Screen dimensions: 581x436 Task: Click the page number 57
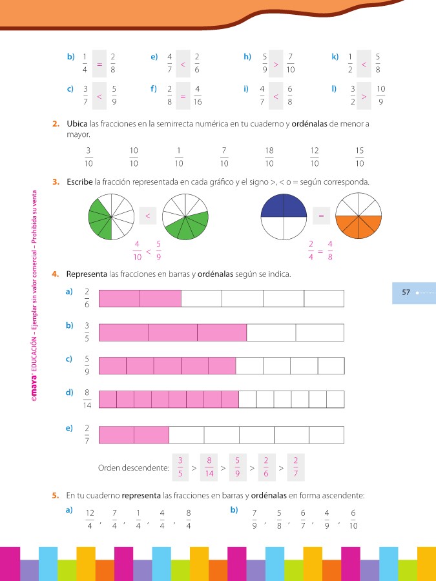pyautogui.click(x=406, y=292)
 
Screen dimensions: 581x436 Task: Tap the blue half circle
pyautogui.click(x=283, y=206)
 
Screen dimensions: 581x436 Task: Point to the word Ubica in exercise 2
pyautogui.click(x=78, y=123)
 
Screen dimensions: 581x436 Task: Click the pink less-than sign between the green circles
pyautogui.click(x=148, y=216)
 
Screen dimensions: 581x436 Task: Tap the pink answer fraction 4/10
pyautogui.click(x=137, y=249)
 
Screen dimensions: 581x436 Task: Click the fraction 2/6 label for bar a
pyautogui.click(x=86, y=298)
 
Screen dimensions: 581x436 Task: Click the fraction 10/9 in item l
pyautogui.click(x=380, y=95)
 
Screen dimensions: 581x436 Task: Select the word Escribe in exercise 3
pyautogui.click(x=79, y=182)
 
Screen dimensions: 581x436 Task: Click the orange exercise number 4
pyautogui.click(x=56, y=274)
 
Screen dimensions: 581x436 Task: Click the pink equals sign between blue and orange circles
pyautogui.click(x=321, y=216)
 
